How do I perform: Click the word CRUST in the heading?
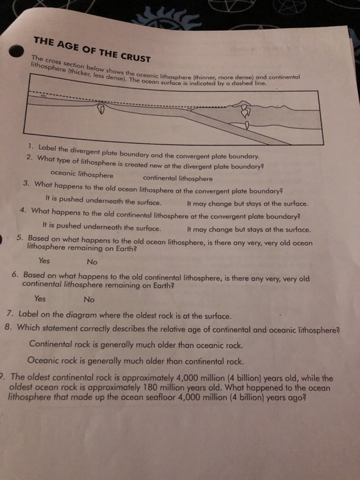click(x=136, y=57)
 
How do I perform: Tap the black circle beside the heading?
click(x=16, y=51)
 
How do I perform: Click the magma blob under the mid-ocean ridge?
click(x=101, y=108)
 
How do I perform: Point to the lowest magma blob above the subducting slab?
click(x=247, y=125)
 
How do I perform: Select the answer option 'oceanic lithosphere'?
click(x=82, y=174)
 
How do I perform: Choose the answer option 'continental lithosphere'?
click(x=178, y=178)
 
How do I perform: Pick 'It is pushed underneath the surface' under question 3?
click(x=103, y=201)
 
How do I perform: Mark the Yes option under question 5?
click(x=44, y=261)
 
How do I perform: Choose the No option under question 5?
click(x=92, y=262)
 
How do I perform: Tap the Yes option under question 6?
click(x=40, y=298)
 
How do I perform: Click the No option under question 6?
click(x=89, y=300)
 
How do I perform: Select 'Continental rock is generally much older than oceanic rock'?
click(x=136, y=345)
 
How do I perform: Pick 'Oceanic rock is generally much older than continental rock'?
click(x=136, y=361)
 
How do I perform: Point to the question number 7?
click(x=10, y=313)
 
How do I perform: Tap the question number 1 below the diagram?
click(x=30, y=146)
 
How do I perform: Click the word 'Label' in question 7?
click(x=29, y=314)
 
